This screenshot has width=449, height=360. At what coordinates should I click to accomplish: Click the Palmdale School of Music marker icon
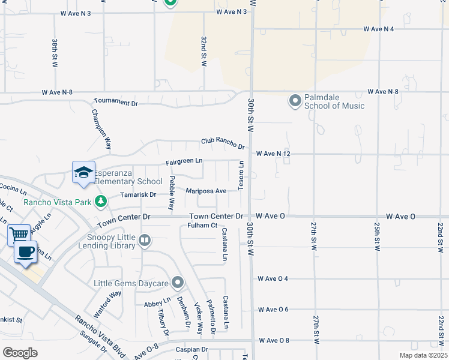(295, 100)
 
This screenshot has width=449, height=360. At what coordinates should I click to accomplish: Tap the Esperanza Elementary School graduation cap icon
(83, 173)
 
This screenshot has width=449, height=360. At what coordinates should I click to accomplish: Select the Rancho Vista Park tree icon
(101, 200)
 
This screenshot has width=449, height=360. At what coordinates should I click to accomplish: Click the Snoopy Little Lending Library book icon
(144, 241)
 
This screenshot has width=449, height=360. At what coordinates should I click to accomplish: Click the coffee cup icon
(26, 251)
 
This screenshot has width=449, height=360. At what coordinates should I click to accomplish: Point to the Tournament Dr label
(116, 103)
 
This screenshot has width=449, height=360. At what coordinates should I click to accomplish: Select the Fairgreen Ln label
(184, 162)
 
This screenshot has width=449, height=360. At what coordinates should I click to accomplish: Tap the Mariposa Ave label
(206, 191)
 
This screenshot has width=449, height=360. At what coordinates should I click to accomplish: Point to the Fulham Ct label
(202, 225)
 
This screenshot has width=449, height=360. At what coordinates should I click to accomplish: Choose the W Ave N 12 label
(273, 154)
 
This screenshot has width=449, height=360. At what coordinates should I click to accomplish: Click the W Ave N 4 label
(378, 29)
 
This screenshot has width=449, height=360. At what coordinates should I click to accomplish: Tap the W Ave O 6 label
(273, 310)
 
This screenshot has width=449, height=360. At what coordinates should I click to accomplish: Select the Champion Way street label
(101, 128)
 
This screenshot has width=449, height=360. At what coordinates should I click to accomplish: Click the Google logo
(20, 352)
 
